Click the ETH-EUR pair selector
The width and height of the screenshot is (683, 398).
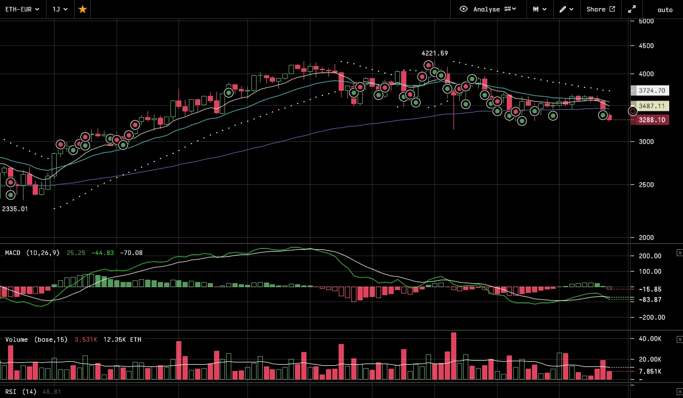[x=22, y=9]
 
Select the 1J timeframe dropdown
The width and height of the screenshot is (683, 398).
[x=60, y=9]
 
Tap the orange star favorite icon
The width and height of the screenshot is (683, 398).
[x=83, y=9]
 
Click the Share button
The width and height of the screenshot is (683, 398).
[x=600, y=9]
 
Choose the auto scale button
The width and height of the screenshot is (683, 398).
[x=665, y=10]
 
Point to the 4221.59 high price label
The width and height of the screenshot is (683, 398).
[x=434, y=53]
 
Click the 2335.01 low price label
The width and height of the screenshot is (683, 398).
[x=15, y=209]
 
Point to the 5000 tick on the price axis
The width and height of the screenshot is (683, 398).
[x=646, y=21]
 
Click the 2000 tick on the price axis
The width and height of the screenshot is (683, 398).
[x=646, y=237]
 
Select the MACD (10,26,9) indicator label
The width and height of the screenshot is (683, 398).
[x=32, y=253]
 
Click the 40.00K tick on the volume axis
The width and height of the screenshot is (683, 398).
[x=650, y=339]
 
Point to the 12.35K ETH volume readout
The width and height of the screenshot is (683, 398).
[x=122, y=339]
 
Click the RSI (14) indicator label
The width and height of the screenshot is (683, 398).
[x=21, y=392]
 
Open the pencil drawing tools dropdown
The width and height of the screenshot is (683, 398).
[x=566, y=9]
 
